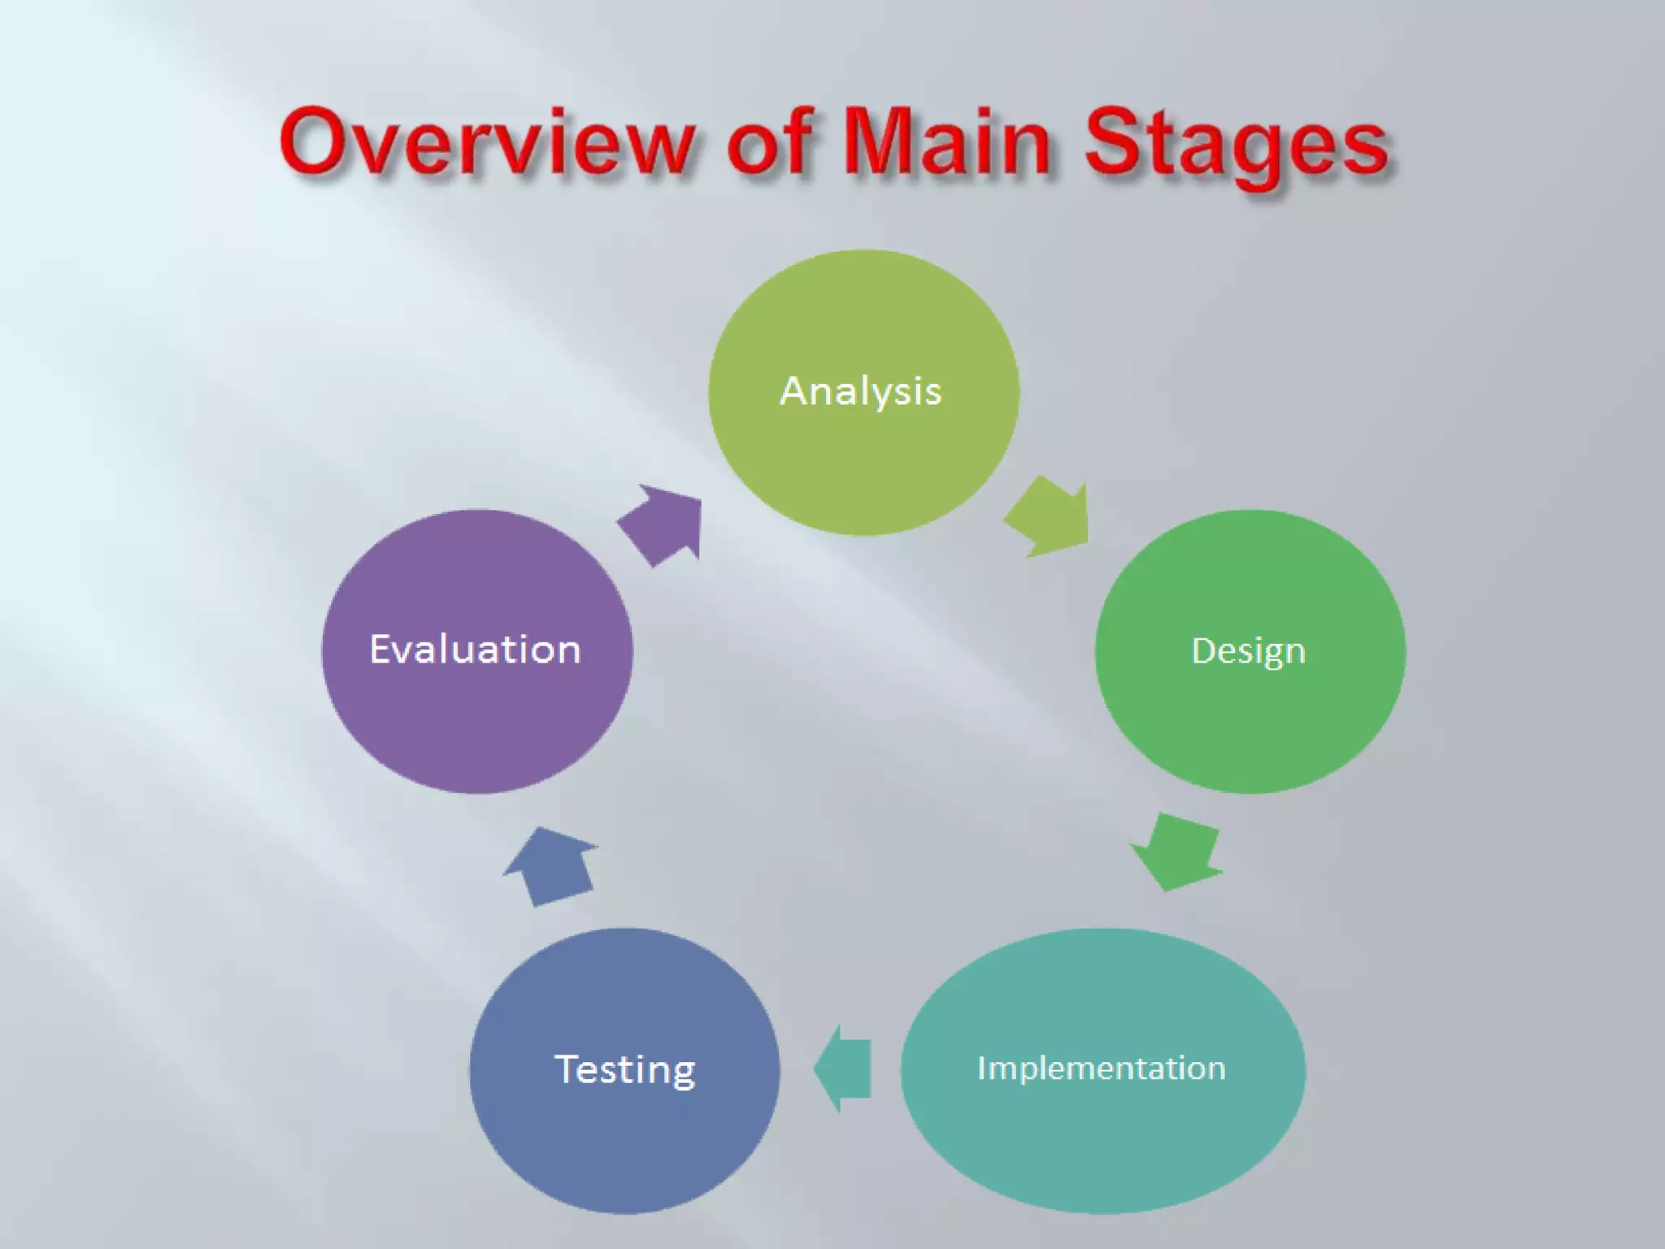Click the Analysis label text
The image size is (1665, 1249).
point(861,391)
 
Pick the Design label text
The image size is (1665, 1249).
point(1249,651)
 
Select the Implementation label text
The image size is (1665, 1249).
point(1102,1068)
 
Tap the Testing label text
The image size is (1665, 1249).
point(624,1069)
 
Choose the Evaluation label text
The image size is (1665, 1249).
point(476,649)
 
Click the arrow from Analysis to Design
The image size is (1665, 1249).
point(1050,518)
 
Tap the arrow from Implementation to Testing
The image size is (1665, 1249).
point(843,1068)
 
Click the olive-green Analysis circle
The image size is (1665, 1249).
point(863,463)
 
